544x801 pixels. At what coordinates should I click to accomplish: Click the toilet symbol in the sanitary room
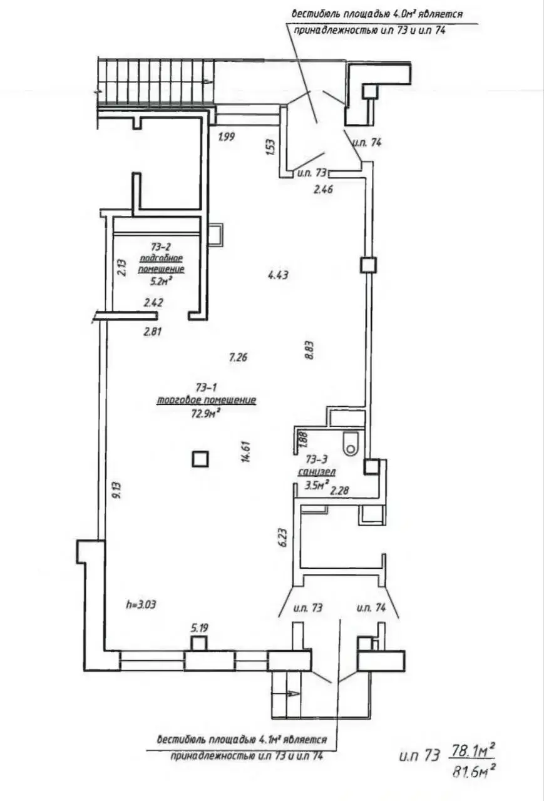pyautogui.click(x=352, y=444)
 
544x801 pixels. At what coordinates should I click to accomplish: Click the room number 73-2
pyautogui.click(x=161, y=247)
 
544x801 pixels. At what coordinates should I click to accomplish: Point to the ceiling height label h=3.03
pyautogui.click(x=141, y=605)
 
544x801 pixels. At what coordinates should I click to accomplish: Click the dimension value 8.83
pyautogui.click(x=309, y=350)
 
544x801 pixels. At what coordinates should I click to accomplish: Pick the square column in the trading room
pyautogui.click(x=200, y=459)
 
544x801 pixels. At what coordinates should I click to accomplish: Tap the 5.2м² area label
pyautogui.click(x=160, y=282)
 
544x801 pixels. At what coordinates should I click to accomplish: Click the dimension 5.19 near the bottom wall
pyautogui.click(x=200, y=628)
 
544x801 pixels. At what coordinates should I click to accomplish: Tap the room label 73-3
pyautogui.click(x=317, y=459)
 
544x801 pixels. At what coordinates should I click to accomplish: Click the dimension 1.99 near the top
pyautogui.click(x=227, y=136)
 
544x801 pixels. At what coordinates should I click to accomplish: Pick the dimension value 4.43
pyautogui.click(x=278, y=275)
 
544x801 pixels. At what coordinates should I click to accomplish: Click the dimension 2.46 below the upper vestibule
pyautogui.click(x=323, y=189)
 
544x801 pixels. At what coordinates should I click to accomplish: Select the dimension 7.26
pyautogui.click(x=238, y=357)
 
